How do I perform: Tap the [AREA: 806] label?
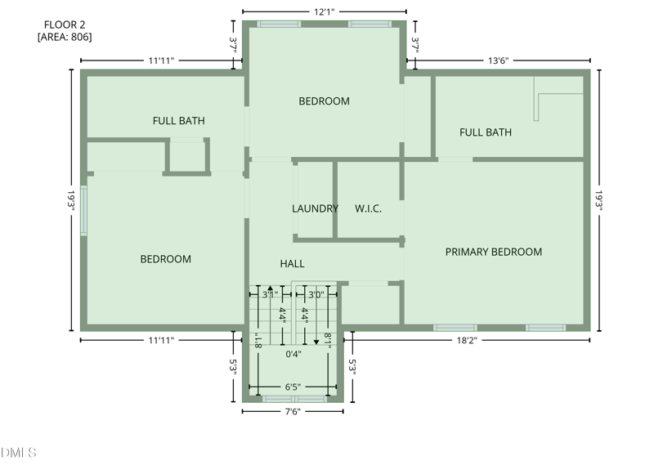click(65, 37)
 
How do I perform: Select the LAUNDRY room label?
click(315, 208)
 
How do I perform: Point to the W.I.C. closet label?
click(368, 208)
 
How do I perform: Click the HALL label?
click(292, 263)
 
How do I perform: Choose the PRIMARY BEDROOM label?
click(493, 252)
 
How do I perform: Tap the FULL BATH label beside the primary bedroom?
click(486, 132)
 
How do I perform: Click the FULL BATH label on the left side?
click(178, 121)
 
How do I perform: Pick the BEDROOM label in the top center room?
click(324, 101)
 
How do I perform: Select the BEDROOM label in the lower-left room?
click(166, 259)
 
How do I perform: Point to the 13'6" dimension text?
click(504, 60)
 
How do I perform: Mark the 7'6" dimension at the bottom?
click(293, 411)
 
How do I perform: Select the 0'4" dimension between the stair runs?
click(293, 354)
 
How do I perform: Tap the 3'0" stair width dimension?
click(316, 294)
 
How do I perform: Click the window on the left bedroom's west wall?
click(83, 211)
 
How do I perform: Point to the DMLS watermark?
click(19, 452)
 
